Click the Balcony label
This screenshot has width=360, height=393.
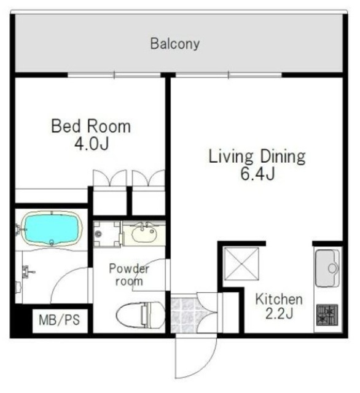[x=175, y=44]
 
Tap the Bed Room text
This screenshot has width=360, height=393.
[x=91, y=126]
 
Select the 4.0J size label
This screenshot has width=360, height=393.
[x=92, y=144]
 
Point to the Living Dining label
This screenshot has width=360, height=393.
[x=257, y=157]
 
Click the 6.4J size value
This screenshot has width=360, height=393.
[x=258, y=174]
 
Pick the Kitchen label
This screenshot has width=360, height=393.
[x=279, y=299]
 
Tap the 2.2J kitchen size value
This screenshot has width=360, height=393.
[x=279, y=313]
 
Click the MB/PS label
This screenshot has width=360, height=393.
[x=60, y=320]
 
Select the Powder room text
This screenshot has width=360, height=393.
[x=129, y=275]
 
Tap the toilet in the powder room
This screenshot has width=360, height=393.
[x=141, y=315]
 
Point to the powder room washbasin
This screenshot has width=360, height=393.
[x=144, y=233]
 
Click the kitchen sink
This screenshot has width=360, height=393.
[x=327, y=268]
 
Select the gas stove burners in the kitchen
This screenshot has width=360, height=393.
[x=327, y=315]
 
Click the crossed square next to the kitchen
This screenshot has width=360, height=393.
[x=241, y=263]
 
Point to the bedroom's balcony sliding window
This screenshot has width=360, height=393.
[x=114, y=75]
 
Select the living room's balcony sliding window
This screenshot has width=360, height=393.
[x=229, y=75]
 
